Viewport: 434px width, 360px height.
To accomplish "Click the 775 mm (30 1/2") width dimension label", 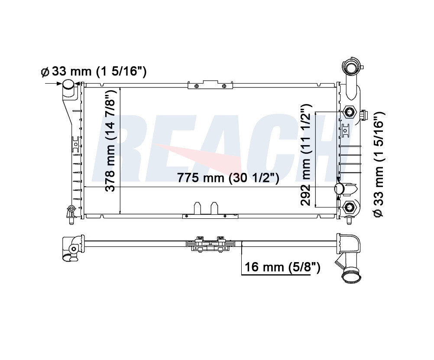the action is coord(228,177).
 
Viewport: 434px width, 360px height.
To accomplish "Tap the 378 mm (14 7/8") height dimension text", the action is coord(111,140).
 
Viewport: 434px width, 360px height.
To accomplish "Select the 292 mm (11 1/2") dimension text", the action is coord(306,155).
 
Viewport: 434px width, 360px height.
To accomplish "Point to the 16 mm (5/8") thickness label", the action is coord(282,267).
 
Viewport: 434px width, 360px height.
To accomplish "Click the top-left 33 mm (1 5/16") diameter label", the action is coord(94,71).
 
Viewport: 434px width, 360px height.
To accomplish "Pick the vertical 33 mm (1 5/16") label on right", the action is coord(379,165).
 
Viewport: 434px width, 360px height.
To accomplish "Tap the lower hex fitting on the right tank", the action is coord(349,207).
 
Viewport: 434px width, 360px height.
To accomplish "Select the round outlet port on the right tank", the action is coord(340,188).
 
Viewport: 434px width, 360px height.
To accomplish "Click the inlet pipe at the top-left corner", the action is coord(68,88).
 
